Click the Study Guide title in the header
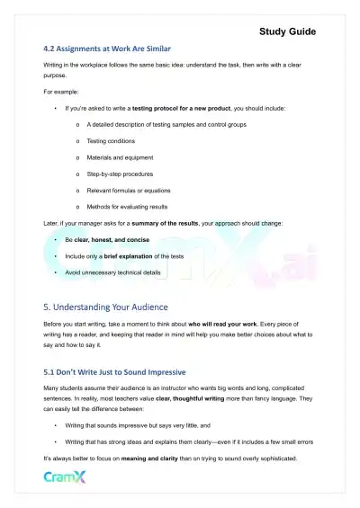pyautogui.click(x=287, y=31)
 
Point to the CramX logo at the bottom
pyautogui.click(x=67, y=476)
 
